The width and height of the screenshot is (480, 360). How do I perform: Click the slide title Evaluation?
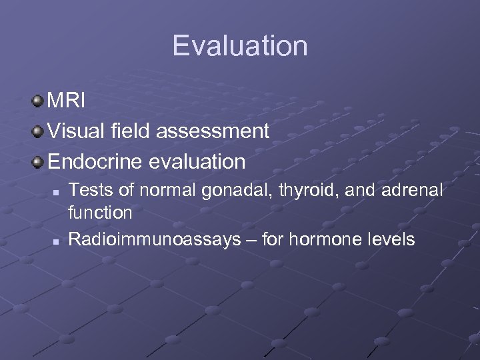[240, 46]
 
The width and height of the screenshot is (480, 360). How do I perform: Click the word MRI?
[67, 101]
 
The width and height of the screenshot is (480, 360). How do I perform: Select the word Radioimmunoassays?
[155, 239]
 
